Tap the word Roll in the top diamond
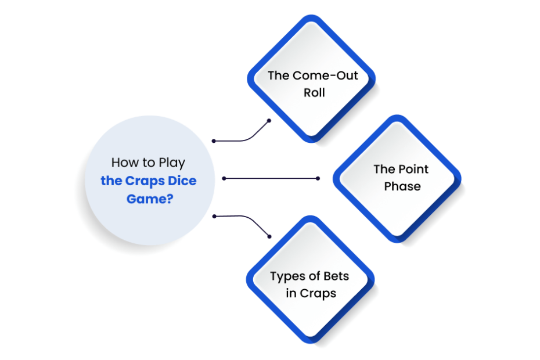pos(314,93)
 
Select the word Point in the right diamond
pos(413,169)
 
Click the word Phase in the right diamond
pos(402,186)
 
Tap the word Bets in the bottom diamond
pos(336,276)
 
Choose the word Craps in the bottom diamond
pos(318,294)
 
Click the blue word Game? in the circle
pos(150,199)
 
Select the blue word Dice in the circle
pos(182,181)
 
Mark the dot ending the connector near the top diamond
pos(269,121)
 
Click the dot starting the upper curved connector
pos(214,141)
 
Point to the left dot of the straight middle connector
pos(224,178)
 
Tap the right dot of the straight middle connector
pos(318,178)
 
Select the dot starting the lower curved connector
pos(214,217)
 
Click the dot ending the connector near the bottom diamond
pos(269,237)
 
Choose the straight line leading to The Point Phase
pos(271,178)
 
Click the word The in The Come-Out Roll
pos(279,75)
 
